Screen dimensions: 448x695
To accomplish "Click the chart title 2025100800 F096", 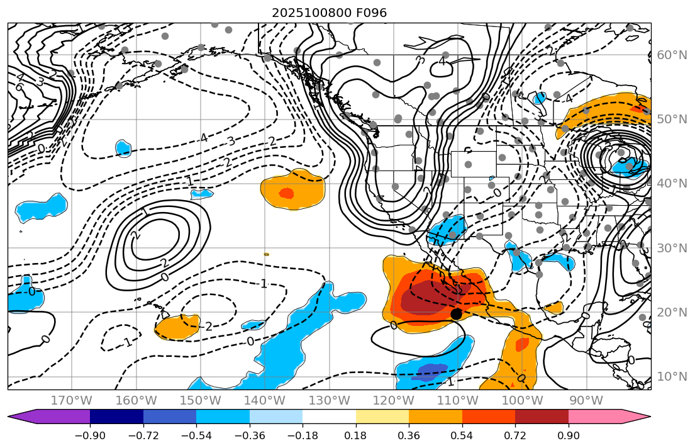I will click(329, 13).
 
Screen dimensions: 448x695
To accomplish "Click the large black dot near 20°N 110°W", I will click(457, 313).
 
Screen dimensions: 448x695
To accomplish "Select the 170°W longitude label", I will click(72, 400).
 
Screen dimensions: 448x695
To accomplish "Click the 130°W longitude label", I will click(329, 400).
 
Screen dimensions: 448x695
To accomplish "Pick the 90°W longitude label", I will click(586, 400).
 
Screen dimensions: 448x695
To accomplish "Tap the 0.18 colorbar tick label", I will click(355, 436).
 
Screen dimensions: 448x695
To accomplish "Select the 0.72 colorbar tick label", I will click(515, 436).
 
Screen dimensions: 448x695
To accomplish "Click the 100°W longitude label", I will click(521, 400).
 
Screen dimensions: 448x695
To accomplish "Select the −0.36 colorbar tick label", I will click(249, 436).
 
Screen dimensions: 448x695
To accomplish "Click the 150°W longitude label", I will click(200, 400).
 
